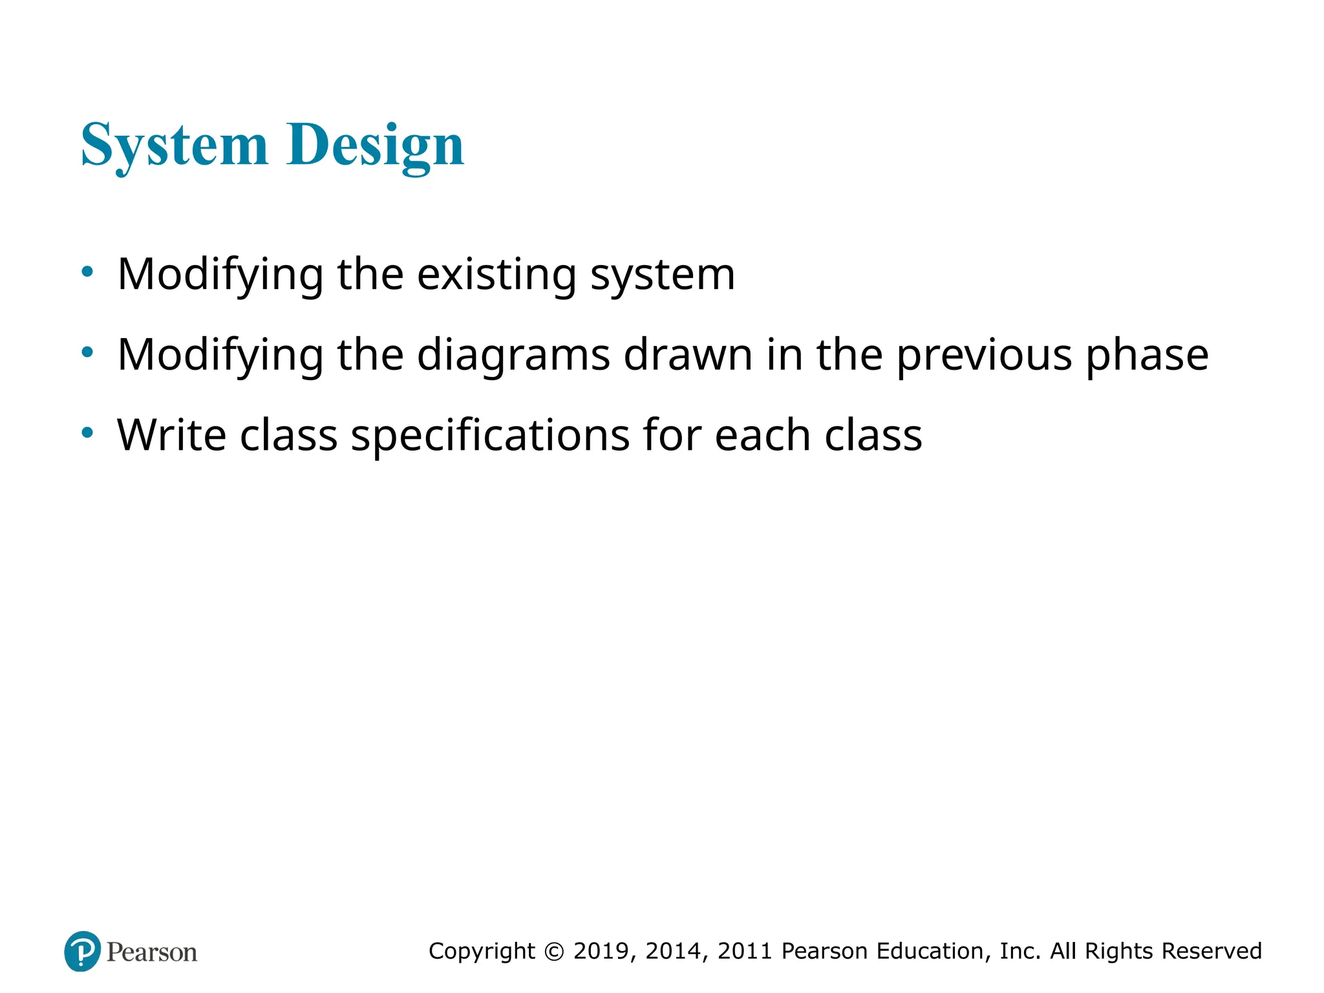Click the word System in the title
pyautogui.click(x=174, y=145)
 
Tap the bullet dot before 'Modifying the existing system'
pyautogui.click(x=87, y=272)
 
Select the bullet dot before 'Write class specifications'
pyautogui.click(x=87, y=432)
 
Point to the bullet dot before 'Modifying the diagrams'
pyautogui.click(x=87, y=352)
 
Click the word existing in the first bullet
pyautogui.click(x=496, y=274)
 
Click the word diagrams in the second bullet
pyautogui.click(x=513, y=356)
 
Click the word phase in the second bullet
pyautogui.click(x=1147, y=356)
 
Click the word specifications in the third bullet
pyautogui.click(x=490, y=436)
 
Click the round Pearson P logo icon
pyautogui.click(x=83, y=951)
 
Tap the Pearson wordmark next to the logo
pyautogui.click(x=152, y=952)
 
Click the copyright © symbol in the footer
pyautogui.click(x=554, y=952)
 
